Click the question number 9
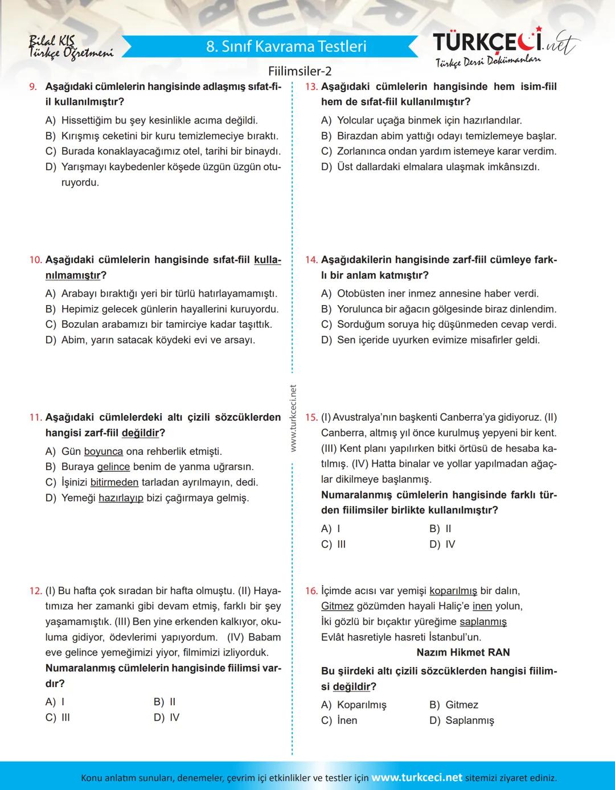(33, 87)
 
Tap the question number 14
(311, 260)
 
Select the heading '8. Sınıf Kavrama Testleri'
(286, 46)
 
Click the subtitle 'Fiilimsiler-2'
(300, 71)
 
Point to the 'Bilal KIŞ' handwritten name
(51, 40)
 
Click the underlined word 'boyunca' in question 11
(103, 451)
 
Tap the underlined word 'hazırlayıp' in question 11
(121, 498)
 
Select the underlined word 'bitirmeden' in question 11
(114, 483)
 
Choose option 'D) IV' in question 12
(166, 718)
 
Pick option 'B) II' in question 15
(440, 529)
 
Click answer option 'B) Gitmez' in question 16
(453, 705)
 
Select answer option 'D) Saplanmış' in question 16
(461, 721)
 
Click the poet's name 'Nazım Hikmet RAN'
(463, 652)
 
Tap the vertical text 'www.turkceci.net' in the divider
(293, 418)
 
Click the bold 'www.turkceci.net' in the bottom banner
(417, 777)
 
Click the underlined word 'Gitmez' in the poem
(337, 607)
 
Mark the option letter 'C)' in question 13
(326, 151)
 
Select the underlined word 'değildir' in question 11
(140, 433)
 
